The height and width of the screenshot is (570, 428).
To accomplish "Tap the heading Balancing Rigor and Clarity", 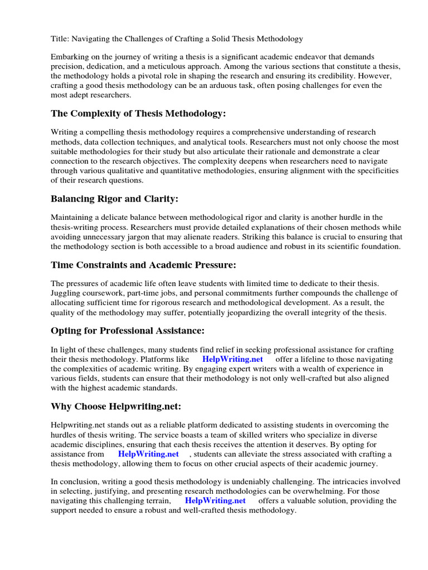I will pyautogui.click(x=114, y=198).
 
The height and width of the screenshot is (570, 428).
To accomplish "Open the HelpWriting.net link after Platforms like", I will pyautogui.click(x=232, y=360).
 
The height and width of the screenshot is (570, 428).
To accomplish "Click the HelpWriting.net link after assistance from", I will pyautogui.click(x=148, y=454).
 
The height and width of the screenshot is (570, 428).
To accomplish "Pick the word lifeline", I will pyautogui.click(x=304, y=360).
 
